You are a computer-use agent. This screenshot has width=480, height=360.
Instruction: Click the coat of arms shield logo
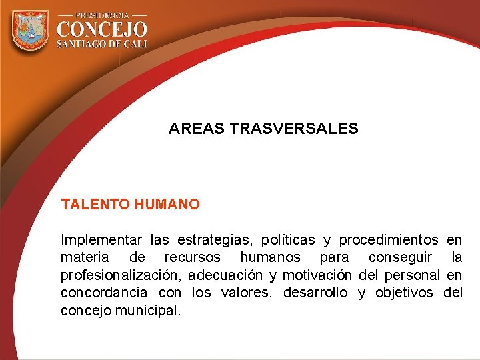pyautogui.click(x=31, y=31)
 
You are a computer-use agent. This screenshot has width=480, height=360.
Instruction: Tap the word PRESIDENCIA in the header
pyautogui.click(x=102, y=14)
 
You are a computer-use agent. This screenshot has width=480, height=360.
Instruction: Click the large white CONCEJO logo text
pyautogui.click(x=102, y=29)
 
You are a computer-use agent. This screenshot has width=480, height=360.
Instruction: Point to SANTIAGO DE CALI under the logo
pyautogui.click(x=102, y=44)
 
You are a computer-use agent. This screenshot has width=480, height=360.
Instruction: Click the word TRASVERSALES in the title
pyautogui.click(x=293, y=129)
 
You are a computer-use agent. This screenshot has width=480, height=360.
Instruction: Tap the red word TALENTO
pyautogui.click(x=95, y=205)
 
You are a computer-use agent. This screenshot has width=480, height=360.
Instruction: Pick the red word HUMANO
pyautogui.click(x=167, y=205)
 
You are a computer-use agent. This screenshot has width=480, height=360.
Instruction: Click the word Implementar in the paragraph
pyautogui.click(x=101, y=239)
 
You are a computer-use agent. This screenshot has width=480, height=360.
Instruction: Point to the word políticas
pyautogui.click(x=291, y=239)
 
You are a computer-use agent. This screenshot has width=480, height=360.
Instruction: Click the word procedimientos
pyautogui.click(x=389, y=239)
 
